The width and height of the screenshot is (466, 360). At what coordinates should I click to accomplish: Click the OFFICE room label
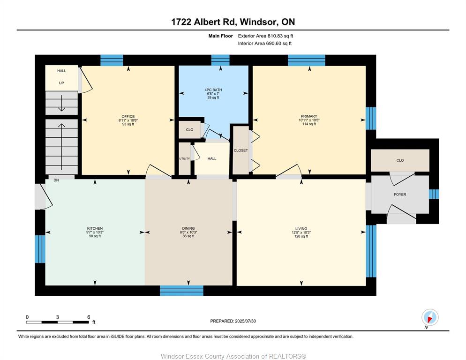pyautogui.click(x=128, y=117)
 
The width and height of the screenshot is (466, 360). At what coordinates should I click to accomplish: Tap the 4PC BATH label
pyautogui.click(x=213, y=90)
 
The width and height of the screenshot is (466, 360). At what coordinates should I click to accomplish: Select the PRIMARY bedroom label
pyautogui.click(x=309, y=116)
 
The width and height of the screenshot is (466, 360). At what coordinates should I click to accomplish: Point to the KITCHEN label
pyautogui.click(x=95, y=229)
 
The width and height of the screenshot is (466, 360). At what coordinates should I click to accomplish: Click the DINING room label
pyautogui.click(x=188, y=229)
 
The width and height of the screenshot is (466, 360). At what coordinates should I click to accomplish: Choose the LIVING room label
pyautogui.click(x=301, y=229)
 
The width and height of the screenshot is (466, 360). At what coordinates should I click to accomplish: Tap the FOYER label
pyautogui.click(x=400, y=195)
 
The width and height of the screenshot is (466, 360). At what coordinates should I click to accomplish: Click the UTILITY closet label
pyautogui.click(x=184, y=159)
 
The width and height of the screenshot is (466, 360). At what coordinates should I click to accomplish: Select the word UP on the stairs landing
pyautogui.click(x=61, y=83)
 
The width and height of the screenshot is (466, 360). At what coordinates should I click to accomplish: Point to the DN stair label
pyautogui.click(x=56, y=180)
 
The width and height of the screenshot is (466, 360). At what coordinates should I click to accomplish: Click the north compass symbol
pyautogui.click(x=430, y=317)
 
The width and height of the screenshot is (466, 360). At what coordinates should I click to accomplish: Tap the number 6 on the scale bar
pyautogui.click(x=89, y=317)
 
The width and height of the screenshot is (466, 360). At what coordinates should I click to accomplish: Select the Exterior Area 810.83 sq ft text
pyautogui.click(x=265, y=36)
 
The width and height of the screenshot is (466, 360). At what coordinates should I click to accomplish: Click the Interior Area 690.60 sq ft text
pyautogui.click(x=264, y=44)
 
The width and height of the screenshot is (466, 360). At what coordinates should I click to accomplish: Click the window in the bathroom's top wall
pyautogui.click(x=220, y=60)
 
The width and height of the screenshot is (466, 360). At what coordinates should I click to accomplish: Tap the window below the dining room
pyautogui.click(x=181, y=291)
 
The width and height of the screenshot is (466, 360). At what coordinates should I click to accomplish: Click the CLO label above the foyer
pyautogui.click(x=400, y=160)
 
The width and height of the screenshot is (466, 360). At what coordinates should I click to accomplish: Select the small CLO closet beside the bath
pyautogui.click(x=189, y=130)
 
